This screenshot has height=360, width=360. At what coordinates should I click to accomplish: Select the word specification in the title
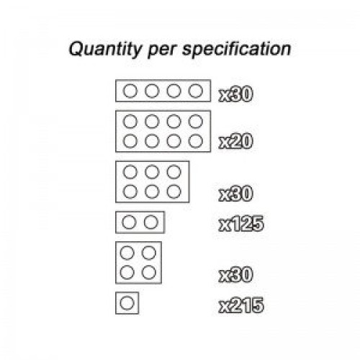[x=237, y=50]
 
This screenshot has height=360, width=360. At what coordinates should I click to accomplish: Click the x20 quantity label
[x=235, y=141]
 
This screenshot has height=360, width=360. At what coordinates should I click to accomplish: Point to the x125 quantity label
[x=241, y=224]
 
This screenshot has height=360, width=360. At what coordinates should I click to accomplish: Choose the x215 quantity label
[x=241, y=305]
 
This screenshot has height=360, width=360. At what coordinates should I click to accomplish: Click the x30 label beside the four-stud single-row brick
[x=235, y=94]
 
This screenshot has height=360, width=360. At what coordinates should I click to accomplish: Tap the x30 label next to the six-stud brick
[x=235, y=194]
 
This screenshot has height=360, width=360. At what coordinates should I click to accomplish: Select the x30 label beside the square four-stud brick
[x=235, y=274]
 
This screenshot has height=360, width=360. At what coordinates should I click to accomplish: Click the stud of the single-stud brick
[x=127, y=297]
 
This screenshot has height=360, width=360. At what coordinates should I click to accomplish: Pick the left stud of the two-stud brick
[x=129, y=215]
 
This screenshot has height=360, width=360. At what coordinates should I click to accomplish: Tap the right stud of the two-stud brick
[x=151, y=215]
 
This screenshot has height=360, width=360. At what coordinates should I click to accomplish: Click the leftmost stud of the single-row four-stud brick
[x=130, y=84]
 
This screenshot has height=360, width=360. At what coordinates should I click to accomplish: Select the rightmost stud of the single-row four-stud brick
[x=195, y=84]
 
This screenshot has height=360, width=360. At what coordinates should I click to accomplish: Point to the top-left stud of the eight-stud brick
[x=130, y=114]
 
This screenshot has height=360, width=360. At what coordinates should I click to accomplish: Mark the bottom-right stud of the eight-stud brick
[x=195, y=134]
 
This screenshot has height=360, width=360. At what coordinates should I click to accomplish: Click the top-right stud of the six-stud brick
[x=174, y=166]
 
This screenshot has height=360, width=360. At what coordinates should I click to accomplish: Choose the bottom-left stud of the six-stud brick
[x=130, y=184]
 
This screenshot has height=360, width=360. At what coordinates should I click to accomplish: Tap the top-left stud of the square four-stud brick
[x=127, y=246]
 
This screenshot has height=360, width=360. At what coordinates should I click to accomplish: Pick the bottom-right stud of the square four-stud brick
[x=149, y=266]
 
